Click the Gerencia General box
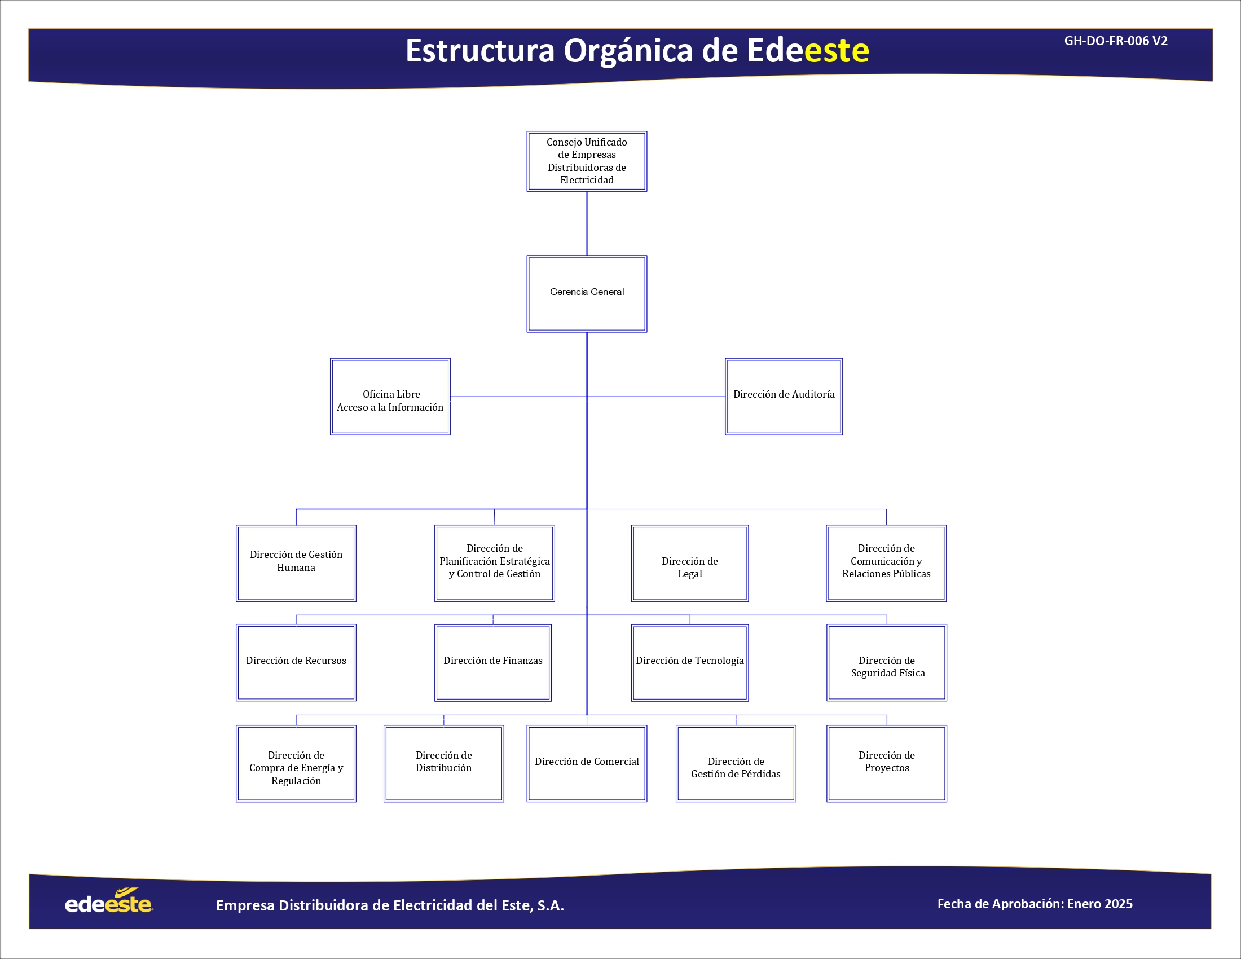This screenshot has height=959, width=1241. tap(587, 294)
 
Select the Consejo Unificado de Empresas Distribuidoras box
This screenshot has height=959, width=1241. tap(587, 161)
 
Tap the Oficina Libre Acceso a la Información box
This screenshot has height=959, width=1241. tap(390, 397)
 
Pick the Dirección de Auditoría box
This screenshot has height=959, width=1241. tap(784, 397)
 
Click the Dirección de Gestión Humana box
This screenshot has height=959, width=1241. tap(296, 563)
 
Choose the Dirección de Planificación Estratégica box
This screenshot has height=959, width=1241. tap(494, 563)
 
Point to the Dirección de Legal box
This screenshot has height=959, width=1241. tap(690, 563)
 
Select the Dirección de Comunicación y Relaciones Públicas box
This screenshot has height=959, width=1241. tap(886, 563)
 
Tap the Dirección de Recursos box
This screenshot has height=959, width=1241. tap(296, 662)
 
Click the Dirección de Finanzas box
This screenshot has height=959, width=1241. tap(492, 662)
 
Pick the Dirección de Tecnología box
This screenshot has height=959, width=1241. tap(690, 662)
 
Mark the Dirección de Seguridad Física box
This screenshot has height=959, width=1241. tap(886, 662)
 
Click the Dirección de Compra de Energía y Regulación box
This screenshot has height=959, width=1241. tap(296, 764)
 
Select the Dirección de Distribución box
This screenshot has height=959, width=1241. tap(444, 764)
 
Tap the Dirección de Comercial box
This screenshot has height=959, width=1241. tap(587, 764)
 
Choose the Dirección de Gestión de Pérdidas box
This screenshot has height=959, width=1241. tap(736, 764)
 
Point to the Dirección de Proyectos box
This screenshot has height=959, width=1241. tap(886, 764)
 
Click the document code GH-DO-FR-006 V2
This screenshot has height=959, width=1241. tap(1116, 41)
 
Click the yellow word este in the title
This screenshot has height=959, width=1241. tap(837, 51)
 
